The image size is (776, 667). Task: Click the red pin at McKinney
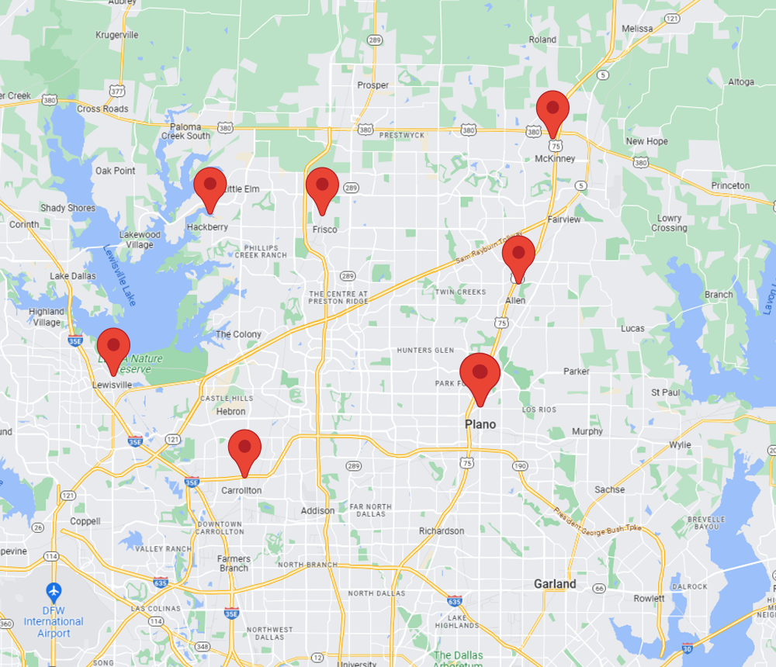pyautogui.click(x=553, y=109)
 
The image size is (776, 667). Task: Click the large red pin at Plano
pyautogui.click(x=480, y=374)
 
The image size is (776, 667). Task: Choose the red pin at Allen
pyautogui.click(x=518, y=254)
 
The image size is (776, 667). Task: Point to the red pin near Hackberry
pyautogui.click(x=210, y=185)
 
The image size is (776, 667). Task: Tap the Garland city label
pyautogui.click(x=555, y=584)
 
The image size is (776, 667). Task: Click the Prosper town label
pyautogui.click(x=373, y=85)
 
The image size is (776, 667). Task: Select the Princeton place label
pyautogui.click(x=731, y=185)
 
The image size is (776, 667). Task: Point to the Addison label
pyautogui.click(x=317, y=510)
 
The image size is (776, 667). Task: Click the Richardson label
pyautogui.click(x=442, y=531)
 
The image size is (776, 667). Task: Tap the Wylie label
pyautogui.click(x=681, y=445)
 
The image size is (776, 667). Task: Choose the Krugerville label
pyautogui.click(x=116, y=35)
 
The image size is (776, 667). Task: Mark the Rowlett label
pyautogui.click(x=649, y=598)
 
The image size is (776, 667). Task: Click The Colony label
pyautogui.click(x=238, y=334)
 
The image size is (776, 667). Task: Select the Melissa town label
pyautogui.click(x=637, y=29)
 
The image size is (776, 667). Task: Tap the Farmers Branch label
pyautogui.click(x=234, y=563)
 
